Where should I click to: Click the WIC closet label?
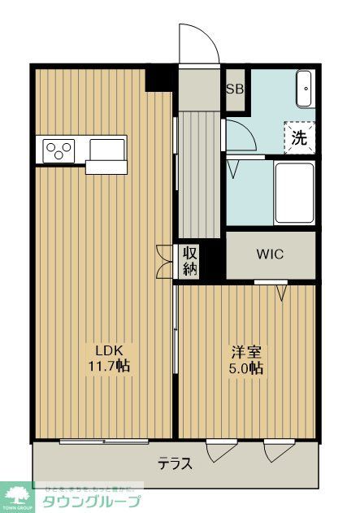coord(270,254)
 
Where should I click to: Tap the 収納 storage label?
coord(189,261)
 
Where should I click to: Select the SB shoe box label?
coord(235,89)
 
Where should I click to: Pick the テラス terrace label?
coord(175,464)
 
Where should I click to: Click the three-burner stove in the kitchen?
coord(59,150)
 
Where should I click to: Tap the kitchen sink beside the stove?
coord(107,150)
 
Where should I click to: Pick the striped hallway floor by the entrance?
coord(198,171)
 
